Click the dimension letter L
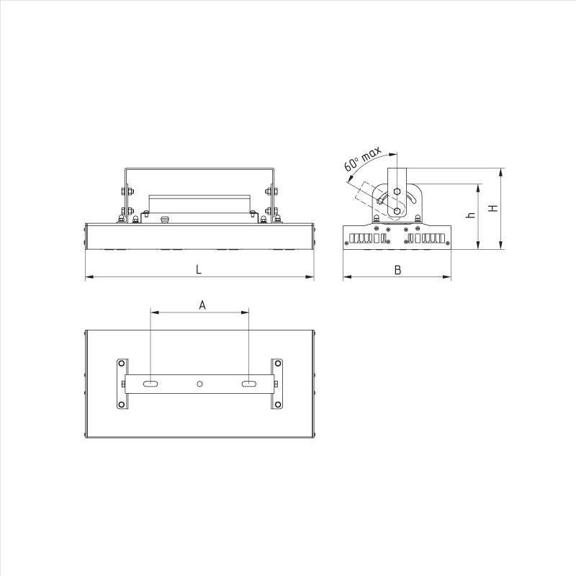point(199,269)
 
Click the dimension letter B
point(397,270)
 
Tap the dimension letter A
point(202,305)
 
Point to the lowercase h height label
point(471,215)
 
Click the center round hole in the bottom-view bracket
point(200,384)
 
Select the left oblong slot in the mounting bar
point(150,384)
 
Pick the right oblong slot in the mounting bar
point(248,384)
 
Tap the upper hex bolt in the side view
point(397,192)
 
